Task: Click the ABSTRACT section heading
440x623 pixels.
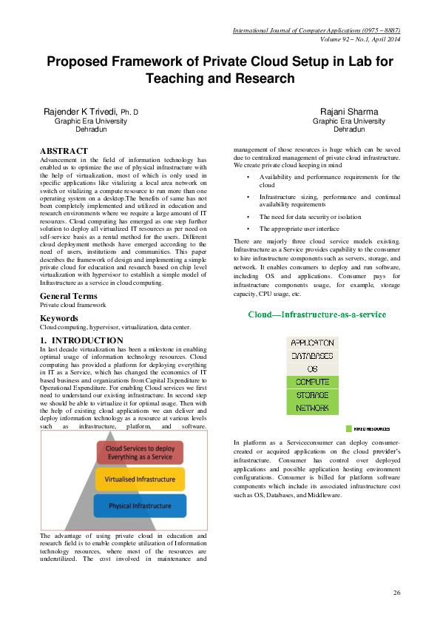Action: [x=64, y=151]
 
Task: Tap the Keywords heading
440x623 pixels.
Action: [x=58, y=319]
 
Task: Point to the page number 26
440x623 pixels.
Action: [x=396, y=593]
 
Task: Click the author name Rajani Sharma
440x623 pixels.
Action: [x=349, y=112]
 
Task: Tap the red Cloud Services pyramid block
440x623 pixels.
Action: [x=140, y=453]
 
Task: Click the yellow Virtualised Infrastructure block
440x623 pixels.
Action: [x=140, y=479]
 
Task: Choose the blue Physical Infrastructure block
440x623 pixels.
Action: [x=140, y=506]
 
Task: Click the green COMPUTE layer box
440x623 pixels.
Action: [x=312, y=382]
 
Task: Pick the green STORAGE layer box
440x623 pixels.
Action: [x=312, y=395]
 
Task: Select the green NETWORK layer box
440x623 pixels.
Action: [x=312, y=408]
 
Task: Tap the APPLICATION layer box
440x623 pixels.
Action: [x=312, y=343]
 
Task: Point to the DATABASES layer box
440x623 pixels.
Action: [x=312, y=356]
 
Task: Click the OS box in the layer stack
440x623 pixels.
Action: [x=312, y=368]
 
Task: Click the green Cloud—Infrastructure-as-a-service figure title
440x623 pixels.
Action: [x=317, y=314]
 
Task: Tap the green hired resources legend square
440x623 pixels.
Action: [x=348, y=428]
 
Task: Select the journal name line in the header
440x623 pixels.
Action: [x=316, y=30]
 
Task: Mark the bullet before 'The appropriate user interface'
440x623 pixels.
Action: [x=247, y=228]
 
